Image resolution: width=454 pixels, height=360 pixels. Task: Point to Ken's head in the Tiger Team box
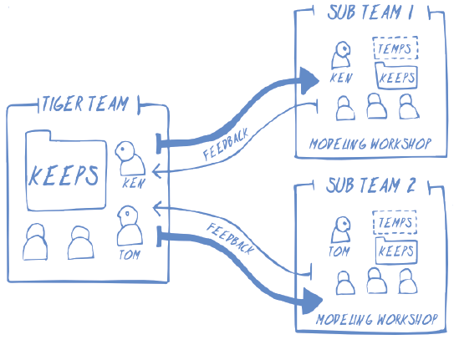pos(127,150)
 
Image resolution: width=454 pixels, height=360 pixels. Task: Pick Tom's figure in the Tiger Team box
pos(127,225)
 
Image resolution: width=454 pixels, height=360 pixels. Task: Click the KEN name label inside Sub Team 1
pos(340,79)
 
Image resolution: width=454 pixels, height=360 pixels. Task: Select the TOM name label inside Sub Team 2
pos(339,250)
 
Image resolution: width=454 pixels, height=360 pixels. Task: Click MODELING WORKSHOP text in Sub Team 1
pos(369,144)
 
